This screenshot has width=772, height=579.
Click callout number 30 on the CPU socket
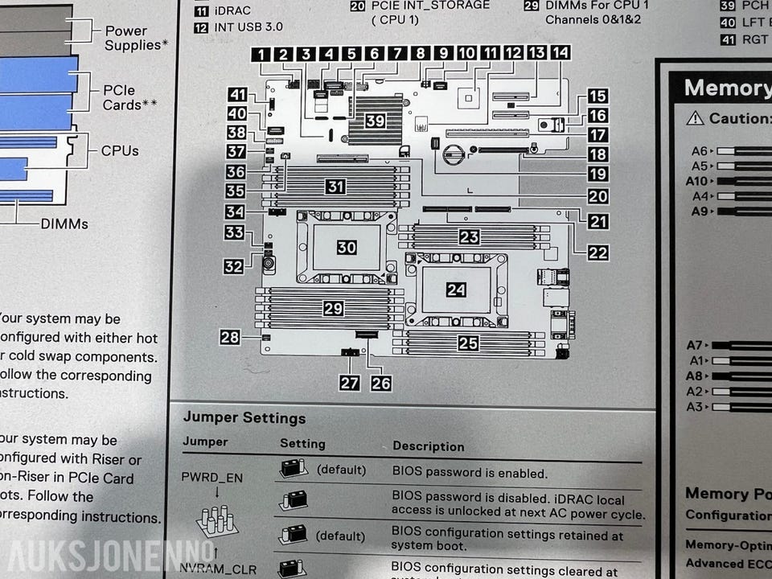[347, 248]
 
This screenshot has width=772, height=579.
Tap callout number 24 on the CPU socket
[456, 289]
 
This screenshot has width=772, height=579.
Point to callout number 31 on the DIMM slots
[335, 187]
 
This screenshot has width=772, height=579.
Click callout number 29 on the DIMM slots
[333, 307]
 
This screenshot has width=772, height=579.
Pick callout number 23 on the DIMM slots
[469, 236]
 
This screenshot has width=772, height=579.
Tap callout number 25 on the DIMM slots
[468, 343]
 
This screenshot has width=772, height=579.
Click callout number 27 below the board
[349, 383]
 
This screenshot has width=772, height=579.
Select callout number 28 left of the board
[230, 337]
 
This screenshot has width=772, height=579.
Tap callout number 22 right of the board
[597, 252]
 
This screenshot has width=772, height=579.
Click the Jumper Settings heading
[244, 418]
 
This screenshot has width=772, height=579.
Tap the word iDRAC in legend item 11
[232, 10]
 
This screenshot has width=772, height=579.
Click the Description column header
[428, 446]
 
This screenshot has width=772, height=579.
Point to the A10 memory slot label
[696, 181]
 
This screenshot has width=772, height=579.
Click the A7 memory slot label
[696, 345]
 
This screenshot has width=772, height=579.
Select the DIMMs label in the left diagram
[64, 224]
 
